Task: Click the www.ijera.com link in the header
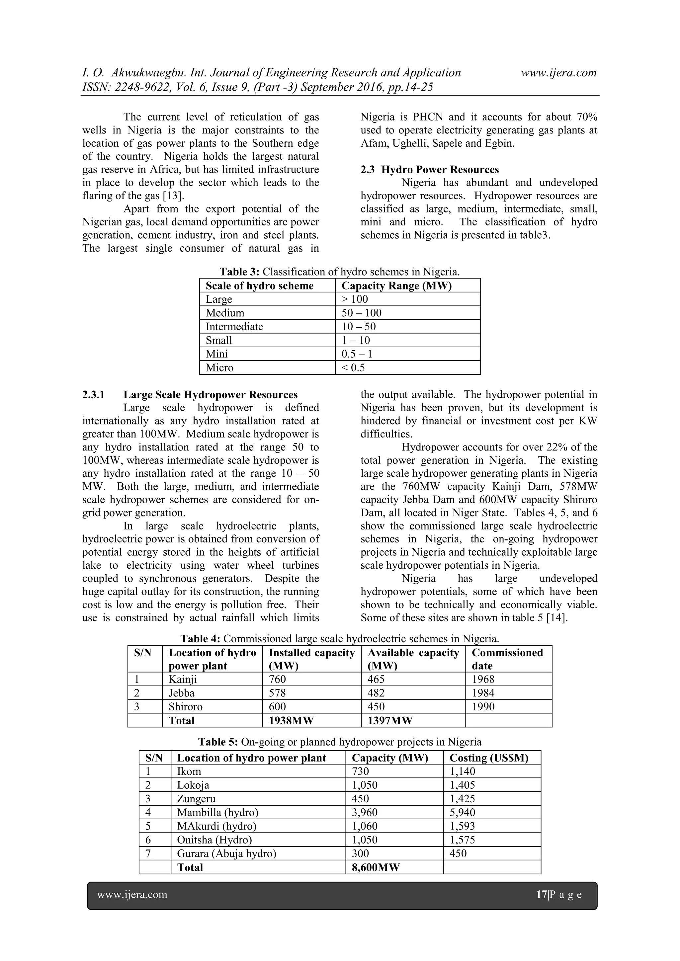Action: [x=558, y=73]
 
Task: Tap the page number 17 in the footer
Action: [x=542, y=895]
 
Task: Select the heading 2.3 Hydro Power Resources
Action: [x=430, y=170]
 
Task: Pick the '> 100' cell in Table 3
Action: [x=355, y=299]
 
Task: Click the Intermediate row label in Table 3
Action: [x=234, y=326]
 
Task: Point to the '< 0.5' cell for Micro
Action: [x=353, y=368]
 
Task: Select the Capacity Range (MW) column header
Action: [x=396, y=286]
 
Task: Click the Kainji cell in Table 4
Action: [x=183, y=679]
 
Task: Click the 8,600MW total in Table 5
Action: [x=376, y=868]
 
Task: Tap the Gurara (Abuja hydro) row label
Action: [x=226, y=854]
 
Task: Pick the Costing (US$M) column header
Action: [x=489, y=758]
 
